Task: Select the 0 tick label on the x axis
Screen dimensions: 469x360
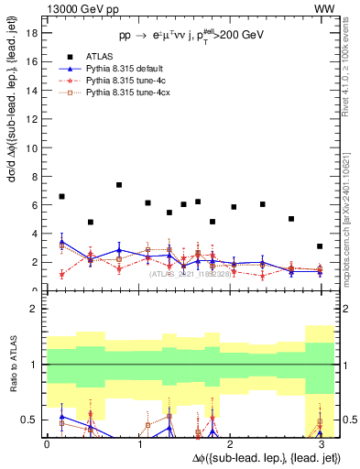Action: pos(47,444)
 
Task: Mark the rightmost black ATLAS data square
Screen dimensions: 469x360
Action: pos(319,246)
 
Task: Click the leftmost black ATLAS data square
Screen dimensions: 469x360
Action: pos(61,197)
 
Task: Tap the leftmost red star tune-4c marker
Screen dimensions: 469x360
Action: pos(61,274)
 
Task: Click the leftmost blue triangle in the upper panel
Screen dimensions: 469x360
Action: pos(61,242)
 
